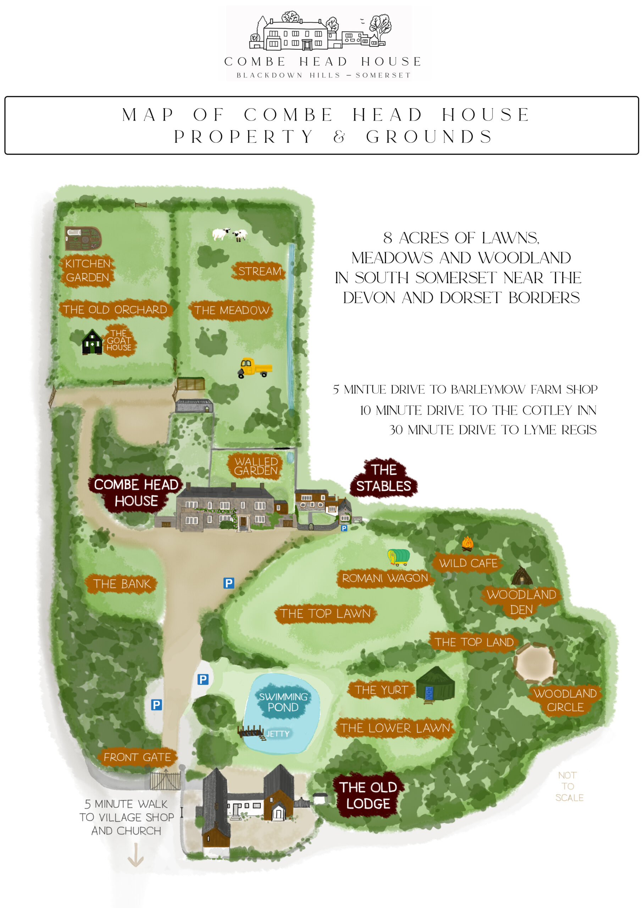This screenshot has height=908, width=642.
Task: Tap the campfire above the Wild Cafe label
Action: click(467, 543)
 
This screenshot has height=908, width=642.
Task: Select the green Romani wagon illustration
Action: click(398, 557)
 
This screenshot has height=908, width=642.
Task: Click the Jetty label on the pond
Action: click(278, 733)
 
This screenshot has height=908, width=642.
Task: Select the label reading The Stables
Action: click(383, 478)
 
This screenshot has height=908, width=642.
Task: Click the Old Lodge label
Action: click(368, 795)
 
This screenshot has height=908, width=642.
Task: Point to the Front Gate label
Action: click(137, 757)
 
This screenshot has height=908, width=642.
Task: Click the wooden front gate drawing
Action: click(166, 781)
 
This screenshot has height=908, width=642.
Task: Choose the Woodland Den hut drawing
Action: click(521, 575)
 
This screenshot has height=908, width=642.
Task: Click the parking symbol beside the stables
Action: click(344, 528)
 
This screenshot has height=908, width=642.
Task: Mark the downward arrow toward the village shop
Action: click(135, 856)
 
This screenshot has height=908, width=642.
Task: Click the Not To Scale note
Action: click(569, 786)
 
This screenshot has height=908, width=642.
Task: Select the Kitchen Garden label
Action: click(87, 271)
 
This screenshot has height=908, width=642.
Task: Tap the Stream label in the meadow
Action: click(259, 271)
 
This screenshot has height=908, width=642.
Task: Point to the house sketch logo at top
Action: click(320, 32)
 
